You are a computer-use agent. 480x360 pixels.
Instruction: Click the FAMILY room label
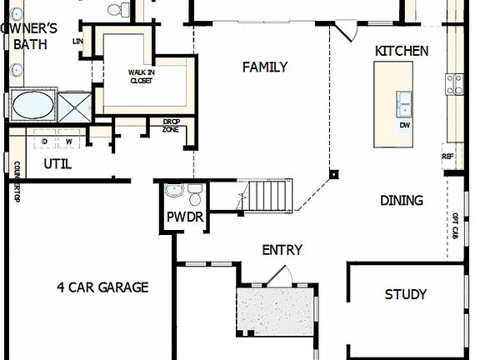(x=265, y=67)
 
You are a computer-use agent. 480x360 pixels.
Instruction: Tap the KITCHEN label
(x=402, y=51)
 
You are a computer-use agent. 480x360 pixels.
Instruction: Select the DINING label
(x=402, y=200)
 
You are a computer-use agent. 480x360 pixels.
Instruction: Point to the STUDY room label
(x=406, y=294)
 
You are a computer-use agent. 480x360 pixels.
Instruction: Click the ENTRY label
(x=282, y=249)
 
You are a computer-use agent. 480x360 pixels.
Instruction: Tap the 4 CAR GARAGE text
(x=102, y=287)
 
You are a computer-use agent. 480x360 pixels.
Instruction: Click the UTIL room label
(x=57, y=164)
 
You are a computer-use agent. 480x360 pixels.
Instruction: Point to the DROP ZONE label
(x=171, y=127)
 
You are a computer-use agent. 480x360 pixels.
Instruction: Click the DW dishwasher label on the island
(x=405, y=126)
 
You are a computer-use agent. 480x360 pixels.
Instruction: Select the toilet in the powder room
(x=195, y=196)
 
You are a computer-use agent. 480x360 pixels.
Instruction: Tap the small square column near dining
(x=333, y=175)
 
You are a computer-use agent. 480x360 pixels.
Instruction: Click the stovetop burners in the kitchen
(x=455, y=83)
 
